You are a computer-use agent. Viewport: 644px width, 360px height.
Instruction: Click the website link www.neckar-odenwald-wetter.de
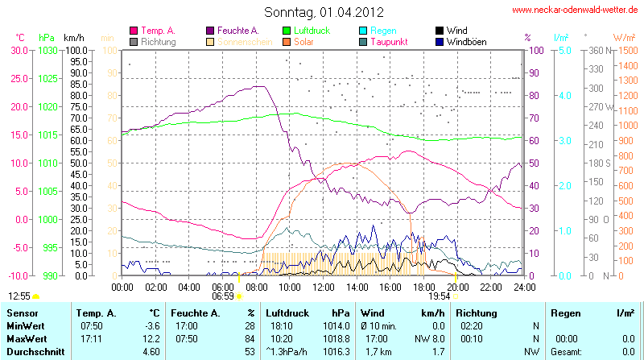[x=575, y=10]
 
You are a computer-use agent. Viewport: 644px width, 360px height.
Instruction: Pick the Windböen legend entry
[x=466, y=41]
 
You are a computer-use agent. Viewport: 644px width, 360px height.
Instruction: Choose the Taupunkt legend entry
[x=391, y=41]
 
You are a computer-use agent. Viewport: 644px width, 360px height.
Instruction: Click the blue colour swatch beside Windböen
[x=439, y=41]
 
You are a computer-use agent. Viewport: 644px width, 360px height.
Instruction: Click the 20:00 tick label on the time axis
[x=457, y=287]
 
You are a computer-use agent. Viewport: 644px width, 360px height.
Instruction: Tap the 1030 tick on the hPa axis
[x=47, y=50]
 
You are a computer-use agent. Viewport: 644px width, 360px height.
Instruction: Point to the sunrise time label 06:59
[x=223, y=296]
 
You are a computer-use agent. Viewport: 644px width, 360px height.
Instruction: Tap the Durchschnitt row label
[x=34, y=350]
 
